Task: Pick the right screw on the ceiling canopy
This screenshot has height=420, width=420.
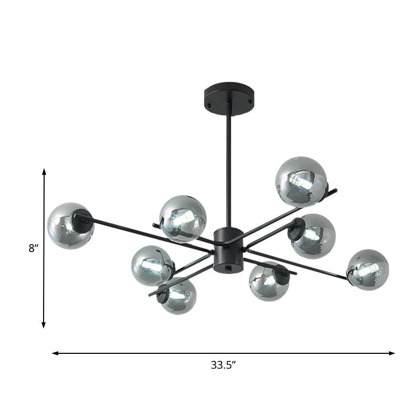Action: (250, 102)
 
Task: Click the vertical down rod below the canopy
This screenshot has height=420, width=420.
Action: (228, 168)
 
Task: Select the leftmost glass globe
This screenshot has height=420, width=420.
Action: (70, 226)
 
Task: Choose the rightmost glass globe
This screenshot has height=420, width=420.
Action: (367, 270)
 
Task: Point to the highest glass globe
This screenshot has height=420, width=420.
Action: (301, 181)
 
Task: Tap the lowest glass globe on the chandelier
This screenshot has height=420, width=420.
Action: (178, 297)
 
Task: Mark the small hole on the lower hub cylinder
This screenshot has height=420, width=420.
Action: (228, 267)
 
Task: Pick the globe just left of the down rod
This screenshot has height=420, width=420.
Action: (183, 218)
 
